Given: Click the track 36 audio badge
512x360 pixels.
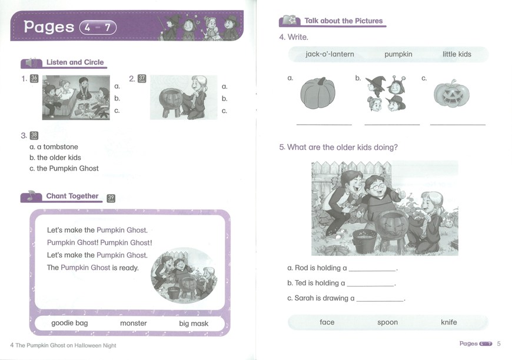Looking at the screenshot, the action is (x=34, y=79).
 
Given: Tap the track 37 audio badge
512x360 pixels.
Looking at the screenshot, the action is (x=142, y=79).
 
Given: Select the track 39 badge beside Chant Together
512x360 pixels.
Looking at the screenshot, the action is (x=111, y=198).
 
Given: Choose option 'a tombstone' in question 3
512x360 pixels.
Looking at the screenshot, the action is (x=54, y=147).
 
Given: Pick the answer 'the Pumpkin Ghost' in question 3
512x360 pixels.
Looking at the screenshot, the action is (x=64, y=168).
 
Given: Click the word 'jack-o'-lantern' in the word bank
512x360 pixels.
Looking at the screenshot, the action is (x=330, y=54).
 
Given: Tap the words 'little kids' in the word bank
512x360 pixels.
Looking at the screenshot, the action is (x=457, y=54).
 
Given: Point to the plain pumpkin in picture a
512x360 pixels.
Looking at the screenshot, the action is (x=318, y=94).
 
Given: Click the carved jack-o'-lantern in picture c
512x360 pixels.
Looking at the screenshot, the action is (x=451, y=94).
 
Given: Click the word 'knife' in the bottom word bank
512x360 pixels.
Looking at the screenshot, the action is (x=449, y=322).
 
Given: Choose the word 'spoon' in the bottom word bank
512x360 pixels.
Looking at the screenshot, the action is (x=388, y=322).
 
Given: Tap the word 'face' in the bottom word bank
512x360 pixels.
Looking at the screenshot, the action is (x=327, y=322).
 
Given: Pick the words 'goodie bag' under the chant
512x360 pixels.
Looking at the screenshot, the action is (x=69, y=323).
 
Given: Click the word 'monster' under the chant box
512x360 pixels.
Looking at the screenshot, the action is (x=134, y=324).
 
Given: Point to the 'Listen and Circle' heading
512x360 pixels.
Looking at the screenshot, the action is (x=75, y=62).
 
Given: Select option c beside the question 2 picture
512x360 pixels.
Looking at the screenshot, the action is (x=224, y=111).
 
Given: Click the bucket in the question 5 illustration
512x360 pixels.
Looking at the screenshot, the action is (x=364, y=241).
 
